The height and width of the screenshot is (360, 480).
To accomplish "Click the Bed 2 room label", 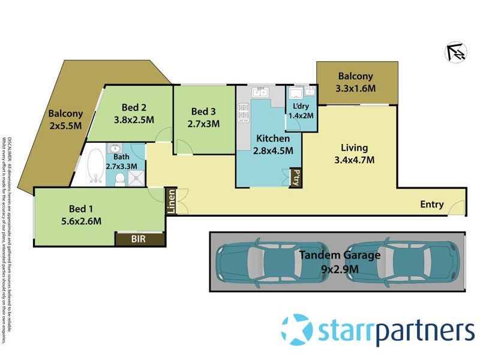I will click(134, 108).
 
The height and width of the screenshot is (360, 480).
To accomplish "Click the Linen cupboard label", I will click(171, 202).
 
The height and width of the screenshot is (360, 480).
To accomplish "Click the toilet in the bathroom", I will click(120, 177).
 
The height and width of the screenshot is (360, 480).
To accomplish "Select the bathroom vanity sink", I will click(115, 149).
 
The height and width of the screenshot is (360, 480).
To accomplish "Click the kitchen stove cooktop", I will click(244, 112).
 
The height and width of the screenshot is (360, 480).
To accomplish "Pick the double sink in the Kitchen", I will click(260, 92).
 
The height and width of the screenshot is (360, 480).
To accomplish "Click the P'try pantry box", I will click(296, 177).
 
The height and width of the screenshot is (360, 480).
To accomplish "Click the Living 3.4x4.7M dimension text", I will click(354, 160).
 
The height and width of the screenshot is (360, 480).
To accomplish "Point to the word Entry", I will click(432, 205).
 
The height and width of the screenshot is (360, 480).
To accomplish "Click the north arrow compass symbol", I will click(456, 53).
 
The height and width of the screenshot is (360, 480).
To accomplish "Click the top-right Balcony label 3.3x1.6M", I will click(356, 89).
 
